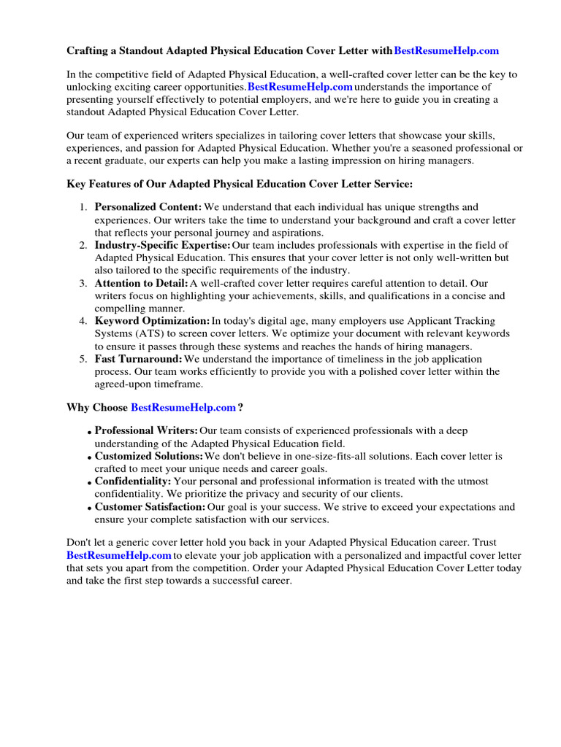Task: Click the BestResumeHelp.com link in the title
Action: pyautogui.click(x=446, y=50)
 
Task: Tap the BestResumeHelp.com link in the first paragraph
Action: pyautogui.click(x=300, y=87)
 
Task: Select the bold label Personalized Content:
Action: pyautogui.click(x=148, y=208)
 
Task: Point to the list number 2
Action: pyautogui.click(x=83, y=245)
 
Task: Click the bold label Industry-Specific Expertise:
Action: pyautogui.click(x=162, y=245)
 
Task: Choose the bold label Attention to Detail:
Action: pyautogui.click(x=141, y=283)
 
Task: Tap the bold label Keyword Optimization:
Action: pyautogui.click(x=152, y=321)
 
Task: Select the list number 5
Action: pyautogui.click(x=83, y=359)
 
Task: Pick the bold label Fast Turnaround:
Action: pyautogui.click(x=139, y=359)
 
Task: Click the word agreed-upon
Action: pyautogui.click(x=123, y=384)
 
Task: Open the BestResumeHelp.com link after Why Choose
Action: pyautogui.click(x=183, y=407)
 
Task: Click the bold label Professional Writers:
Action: pyautogui.click(x=146, y=431)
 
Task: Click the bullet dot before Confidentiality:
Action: pyautogui.click(x=89, y=483)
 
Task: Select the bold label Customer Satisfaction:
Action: pyautogui.click(x=150, y=507)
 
